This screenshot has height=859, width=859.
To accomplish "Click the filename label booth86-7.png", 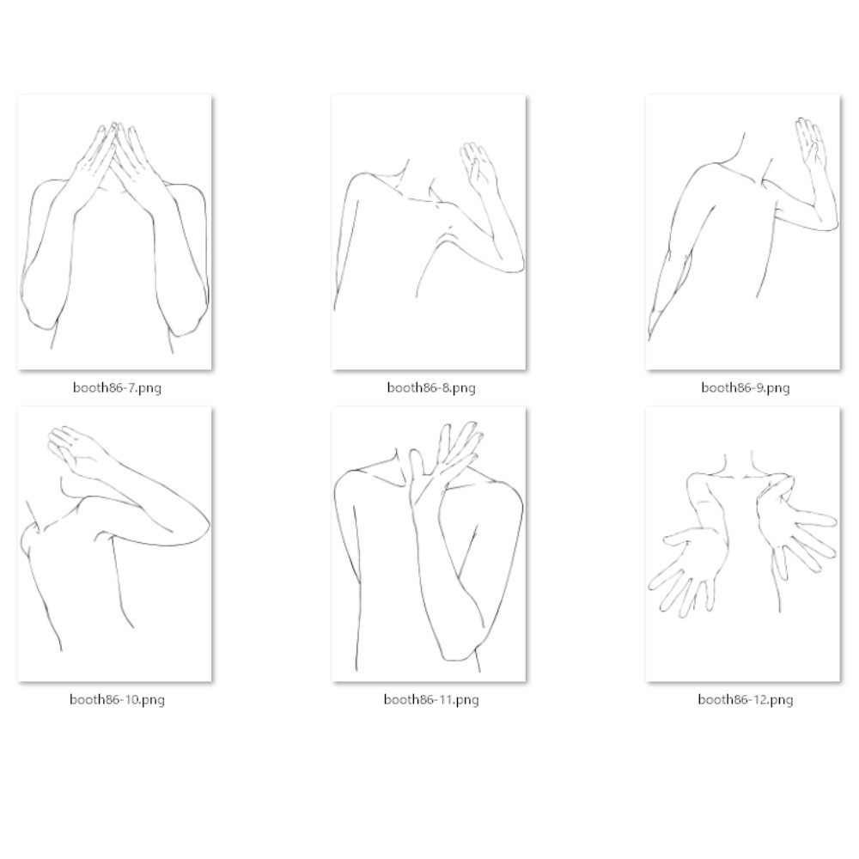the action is tap(117, 388).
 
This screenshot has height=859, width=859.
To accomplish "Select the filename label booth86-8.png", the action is tap(431, 388).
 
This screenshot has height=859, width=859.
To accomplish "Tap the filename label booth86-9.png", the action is tap(746, 388).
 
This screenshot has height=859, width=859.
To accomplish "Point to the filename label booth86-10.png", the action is tap(117, 699).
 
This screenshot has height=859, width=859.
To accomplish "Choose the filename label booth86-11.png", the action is tap(431, 699).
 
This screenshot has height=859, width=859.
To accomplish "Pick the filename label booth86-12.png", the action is tap(746, 699).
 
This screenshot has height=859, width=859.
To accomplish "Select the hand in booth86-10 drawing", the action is tap(76, 450).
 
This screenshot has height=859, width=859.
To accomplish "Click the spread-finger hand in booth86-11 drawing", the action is tap(447, 460).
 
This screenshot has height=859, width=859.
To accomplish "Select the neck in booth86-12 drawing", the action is tap(739, 466).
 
